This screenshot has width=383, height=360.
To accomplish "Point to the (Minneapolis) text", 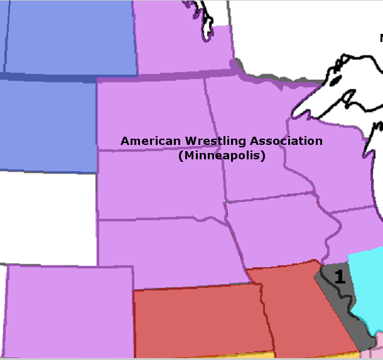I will coord(222,156).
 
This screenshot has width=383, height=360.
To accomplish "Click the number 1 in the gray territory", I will coord(339,277).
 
